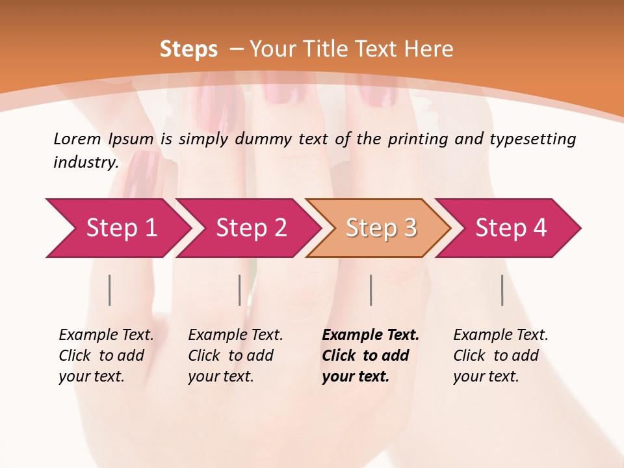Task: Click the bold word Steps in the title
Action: [188, 49]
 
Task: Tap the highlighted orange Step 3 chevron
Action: [381, 228]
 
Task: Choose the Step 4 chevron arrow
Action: [511, 228]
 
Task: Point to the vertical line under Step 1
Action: [110, 290]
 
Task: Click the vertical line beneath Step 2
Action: [240, 290]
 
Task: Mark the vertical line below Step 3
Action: [371, 290]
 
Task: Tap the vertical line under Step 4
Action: [502, 290]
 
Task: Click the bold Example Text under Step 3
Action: [370, 356]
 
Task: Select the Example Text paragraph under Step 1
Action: [106, 356]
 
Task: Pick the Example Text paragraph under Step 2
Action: [235, 356]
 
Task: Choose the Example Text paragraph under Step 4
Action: [500, 356]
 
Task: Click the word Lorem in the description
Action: [77, 139]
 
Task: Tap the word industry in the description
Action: [86, 162]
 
